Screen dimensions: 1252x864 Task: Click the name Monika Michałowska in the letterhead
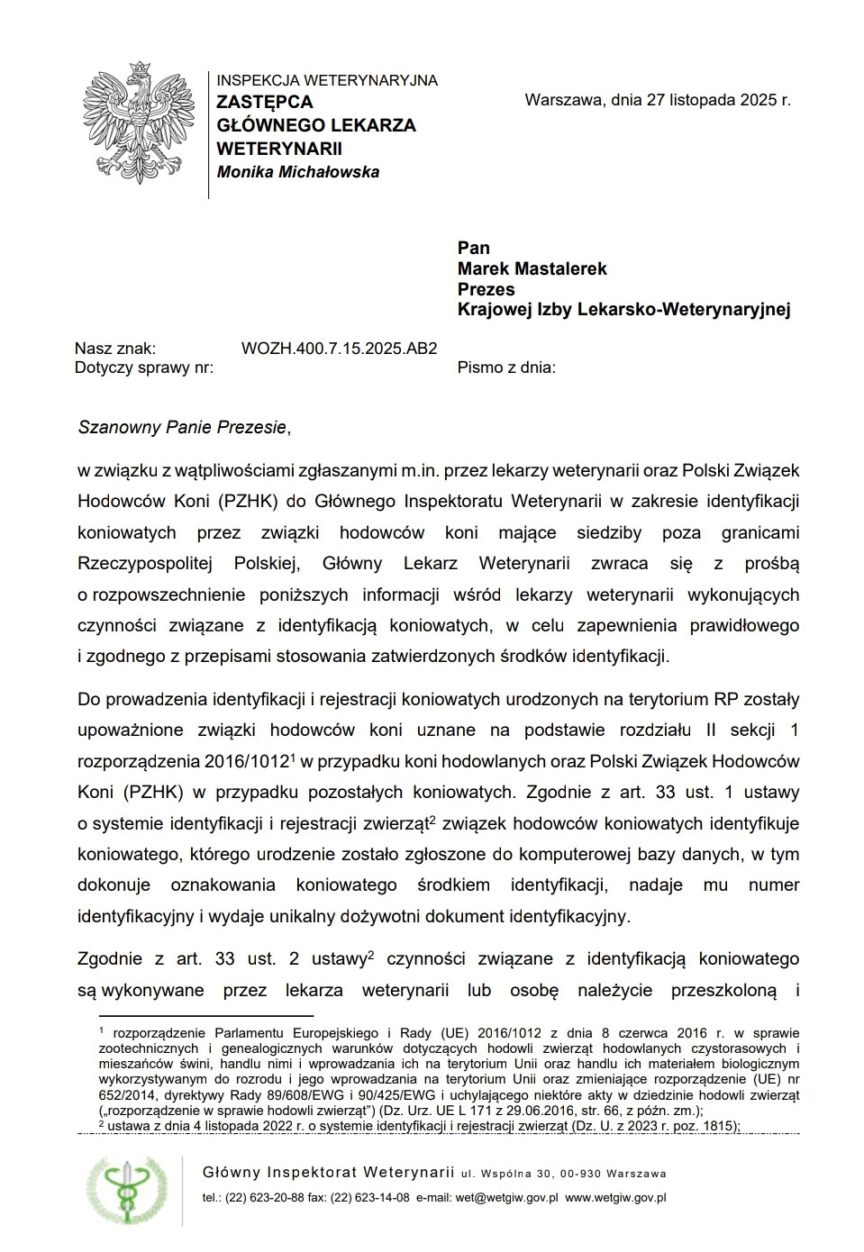click(298, 172)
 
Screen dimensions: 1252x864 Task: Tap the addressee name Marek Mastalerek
click(532, 268)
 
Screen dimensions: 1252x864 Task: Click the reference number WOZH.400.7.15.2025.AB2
click(339, 348)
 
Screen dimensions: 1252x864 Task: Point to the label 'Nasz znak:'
click(115, 348)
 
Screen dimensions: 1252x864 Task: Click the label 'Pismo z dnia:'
click(506, 367)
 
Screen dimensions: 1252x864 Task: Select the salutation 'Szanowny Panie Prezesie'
click(182, 427)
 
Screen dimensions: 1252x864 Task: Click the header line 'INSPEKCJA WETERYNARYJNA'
click(327, 80)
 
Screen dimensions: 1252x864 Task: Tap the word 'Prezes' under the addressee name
click(486, 289)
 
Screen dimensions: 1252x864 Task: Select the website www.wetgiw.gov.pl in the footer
click(615, 1198)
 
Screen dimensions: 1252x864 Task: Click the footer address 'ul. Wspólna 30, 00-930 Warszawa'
click(563, 1174)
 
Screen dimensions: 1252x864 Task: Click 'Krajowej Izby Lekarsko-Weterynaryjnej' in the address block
click(623, 310)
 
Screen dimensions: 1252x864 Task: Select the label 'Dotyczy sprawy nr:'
click(144, 367)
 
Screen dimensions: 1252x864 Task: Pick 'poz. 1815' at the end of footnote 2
click(706, 1125)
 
